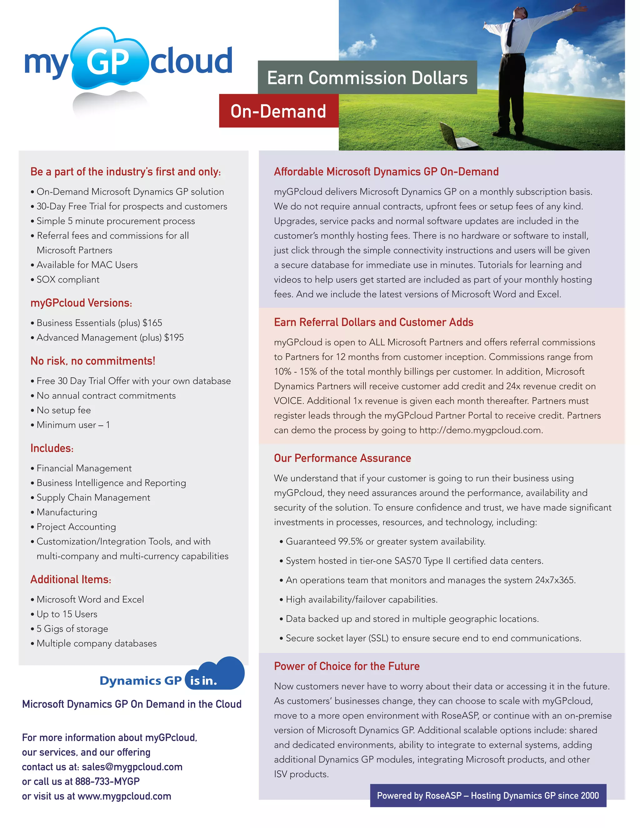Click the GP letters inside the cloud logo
(108, 62)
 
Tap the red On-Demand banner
(278, 111)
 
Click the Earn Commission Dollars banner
(367, 78)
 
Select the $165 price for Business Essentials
(152, 323)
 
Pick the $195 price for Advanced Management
(174, 337)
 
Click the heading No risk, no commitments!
(93, 361)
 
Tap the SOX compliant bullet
(68, 280)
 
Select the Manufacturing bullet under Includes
(67, 512)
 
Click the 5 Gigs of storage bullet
(72, 629)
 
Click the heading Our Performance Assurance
(342, 458)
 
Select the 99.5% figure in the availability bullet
(350, 541)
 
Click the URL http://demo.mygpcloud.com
(480, 430)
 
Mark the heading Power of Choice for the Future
(347, 666)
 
